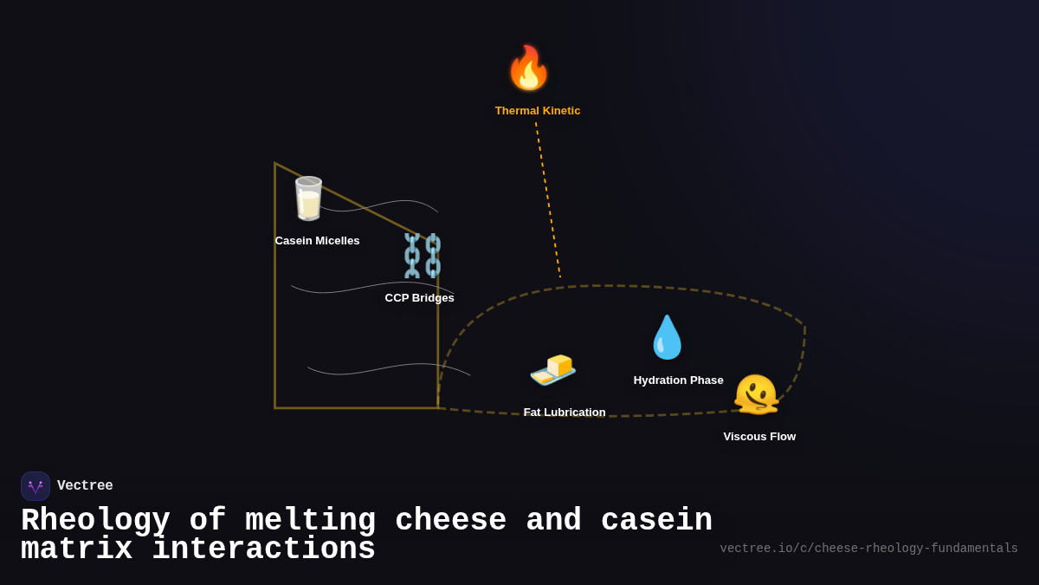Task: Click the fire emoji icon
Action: [x=528, y=68]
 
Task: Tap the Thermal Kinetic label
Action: [x=538, y=111]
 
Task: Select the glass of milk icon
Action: [x=308, y=198]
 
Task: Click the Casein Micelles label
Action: [x=317, y=241]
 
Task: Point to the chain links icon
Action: [x=422, y=256]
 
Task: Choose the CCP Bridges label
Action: [x=419, y=298]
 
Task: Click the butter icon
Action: [x=552, y=369]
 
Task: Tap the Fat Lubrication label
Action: [x=565, y=413]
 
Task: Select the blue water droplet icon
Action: [x=667, y=337]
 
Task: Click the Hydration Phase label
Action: [x=678, y=380]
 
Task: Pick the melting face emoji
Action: [x=756, y=394]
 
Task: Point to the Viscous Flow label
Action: [x=759, y=437]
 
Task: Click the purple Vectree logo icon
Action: [x=35, y=486]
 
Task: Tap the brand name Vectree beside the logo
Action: [x=85, y=486]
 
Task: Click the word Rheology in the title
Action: [x=95, y=521]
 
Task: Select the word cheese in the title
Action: [x=450, y=521]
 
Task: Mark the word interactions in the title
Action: [x=263, y=549]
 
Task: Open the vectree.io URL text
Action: [x=868, y=549]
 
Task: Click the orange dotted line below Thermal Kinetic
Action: [x=548, y=199]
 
